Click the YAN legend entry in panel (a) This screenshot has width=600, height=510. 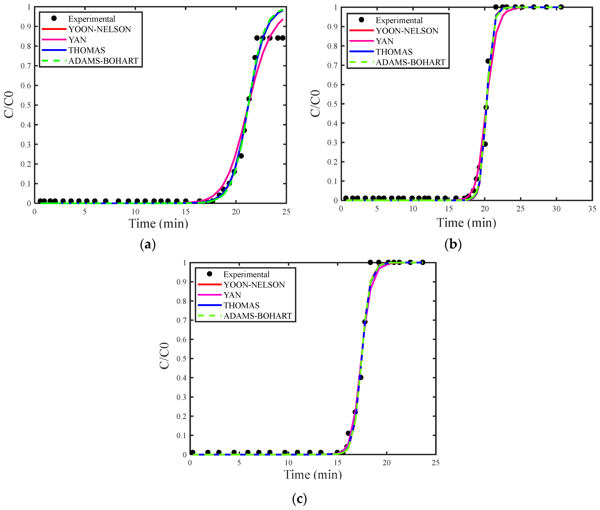[77, 40]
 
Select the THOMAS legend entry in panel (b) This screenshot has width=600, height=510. [394, 52]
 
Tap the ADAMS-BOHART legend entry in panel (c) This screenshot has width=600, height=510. [257, 316]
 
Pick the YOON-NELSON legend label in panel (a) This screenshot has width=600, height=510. [100, 29]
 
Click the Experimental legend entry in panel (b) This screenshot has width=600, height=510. [399, 20]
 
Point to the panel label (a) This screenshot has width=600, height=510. [148, 245]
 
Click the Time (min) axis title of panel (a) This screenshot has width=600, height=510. [158, 223]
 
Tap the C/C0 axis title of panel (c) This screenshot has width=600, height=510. [164, 356]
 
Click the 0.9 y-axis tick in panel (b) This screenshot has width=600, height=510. [333, 27]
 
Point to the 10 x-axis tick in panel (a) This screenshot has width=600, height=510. [135, 212]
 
